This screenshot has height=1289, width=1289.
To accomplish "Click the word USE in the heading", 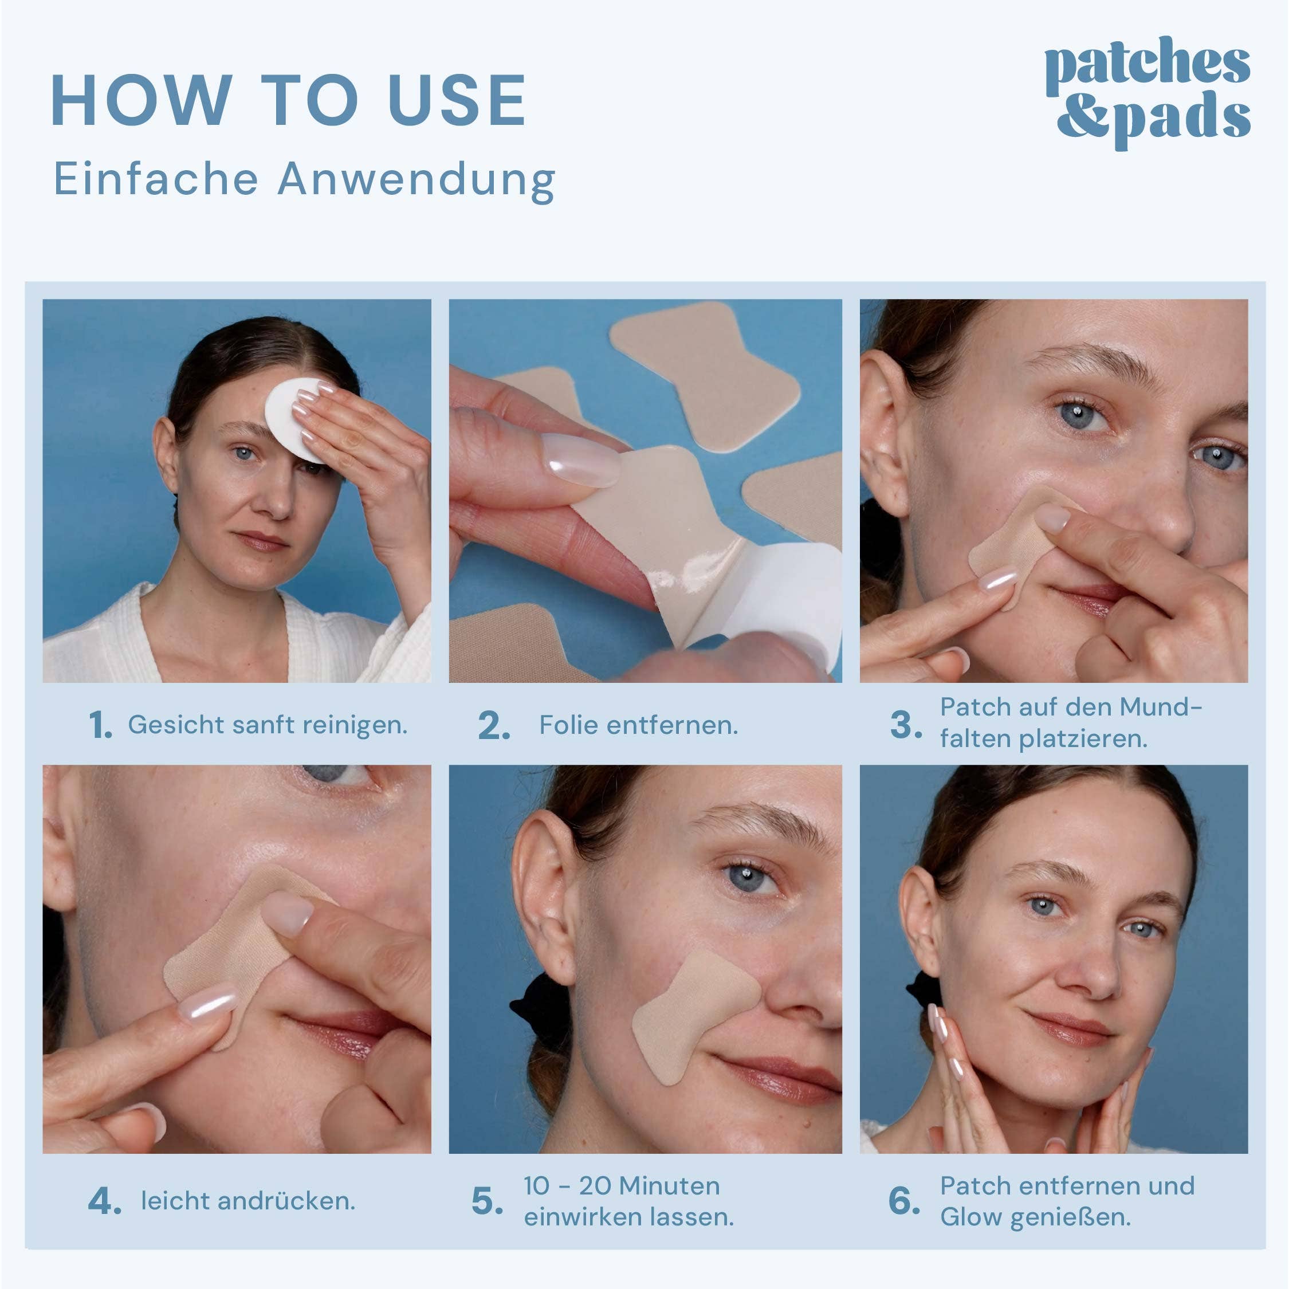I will click(457, 101).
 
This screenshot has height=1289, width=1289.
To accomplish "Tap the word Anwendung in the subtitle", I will click(416, 180).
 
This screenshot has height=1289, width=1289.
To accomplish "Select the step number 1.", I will click(100, 725).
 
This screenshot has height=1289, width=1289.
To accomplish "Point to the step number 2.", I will click(494, 725).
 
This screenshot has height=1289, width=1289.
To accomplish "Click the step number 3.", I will click(905, 725).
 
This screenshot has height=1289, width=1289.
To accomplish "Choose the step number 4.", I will click(104, 1201).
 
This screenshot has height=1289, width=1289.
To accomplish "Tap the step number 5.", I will click(487, 1201).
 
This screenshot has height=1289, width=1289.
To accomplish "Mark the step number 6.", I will click(904, 1201).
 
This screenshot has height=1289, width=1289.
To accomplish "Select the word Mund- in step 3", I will click(1160, 707).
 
